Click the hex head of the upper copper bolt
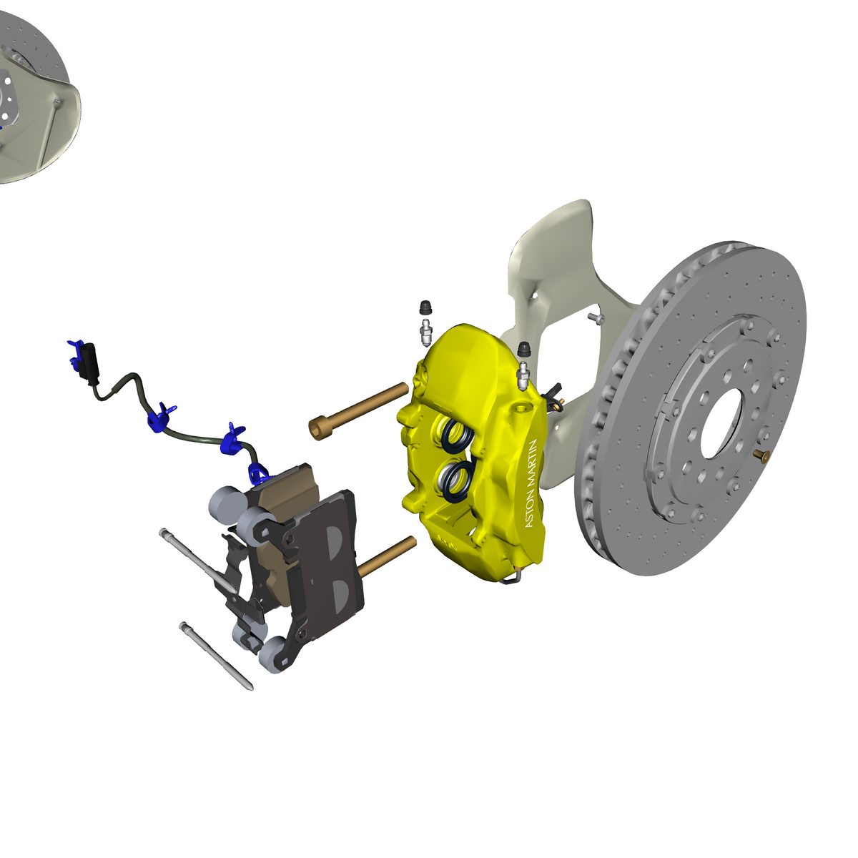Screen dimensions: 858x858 coord(317,429)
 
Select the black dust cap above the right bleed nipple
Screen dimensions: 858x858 coord(524,349)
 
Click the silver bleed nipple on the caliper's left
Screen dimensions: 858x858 coord(425,332)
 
